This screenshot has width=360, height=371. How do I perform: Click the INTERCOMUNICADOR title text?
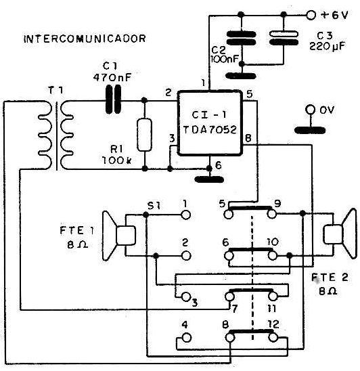(85, 39)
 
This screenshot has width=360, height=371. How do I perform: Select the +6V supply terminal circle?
(311, 15)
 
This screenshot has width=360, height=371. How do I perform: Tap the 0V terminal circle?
(311, 110)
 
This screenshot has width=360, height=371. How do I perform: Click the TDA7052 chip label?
(210, 129)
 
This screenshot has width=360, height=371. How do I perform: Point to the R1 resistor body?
(144, 135)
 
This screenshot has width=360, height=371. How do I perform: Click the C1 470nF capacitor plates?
(113, 100)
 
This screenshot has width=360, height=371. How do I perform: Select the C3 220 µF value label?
(328, 46)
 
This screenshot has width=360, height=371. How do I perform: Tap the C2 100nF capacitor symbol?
(242, 38)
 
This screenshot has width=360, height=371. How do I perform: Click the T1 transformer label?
(55, 90)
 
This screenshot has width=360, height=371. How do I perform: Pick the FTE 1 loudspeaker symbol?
(119, 236)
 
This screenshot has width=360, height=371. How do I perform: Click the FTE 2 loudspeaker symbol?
(340, 234)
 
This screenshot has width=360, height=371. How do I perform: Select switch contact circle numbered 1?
(186, 215)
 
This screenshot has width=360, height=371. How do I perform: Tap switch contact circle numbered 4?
(187, 338)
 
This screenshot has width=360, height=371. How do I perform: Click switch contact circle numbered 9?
(272, 215)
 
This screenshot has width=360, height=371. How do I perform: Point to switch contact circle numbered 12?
(273, 337)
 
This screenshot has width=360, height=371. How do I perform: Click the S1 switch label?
(154, 206)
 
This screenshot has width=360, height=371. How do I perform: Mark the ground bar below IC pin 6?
(209, 179)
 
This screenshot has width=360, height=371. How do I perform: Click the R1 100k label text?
(117, 155)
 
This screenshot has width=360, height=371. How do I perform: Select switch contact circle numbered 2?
(186, 256)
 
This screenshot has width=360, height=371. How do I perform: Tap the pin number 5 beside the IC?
(249, 94)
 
